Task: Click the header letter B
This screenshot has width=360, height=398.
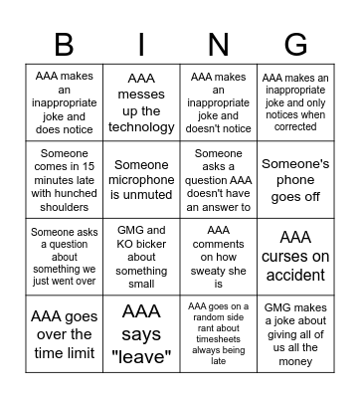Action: (63, 45)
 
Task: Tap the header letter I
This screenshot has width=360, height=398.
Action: (141, 45)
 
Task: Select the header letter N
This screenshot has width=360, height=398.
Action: (219, 45)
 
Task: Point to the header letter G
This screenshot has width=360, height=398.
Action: (295, 45)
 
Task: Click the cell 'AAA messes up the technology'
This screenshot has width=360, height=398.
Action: (141, 102)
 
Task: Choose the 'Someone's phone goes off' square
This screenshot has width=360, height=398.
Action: (295, 179)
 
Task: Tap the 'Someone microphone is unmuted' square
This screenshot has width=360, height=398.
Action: (141, 179)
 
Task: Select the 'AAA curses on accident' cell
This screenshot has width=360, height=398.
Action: (295, 256)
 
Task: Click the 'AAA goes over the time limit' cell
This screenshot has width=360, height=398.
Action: (64, 333)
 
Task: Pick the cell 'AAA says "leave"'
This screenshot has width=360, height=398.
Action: (141, 333)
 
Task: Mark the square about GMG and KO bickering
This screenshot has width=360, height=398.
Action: (141, 256)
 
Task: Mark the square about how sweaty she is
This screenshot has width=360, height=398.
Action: (219, 256)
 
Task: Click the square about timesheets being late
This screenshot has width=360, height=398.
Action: (219, 333)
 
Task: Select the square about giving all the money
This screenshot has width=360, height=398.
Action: (295, 333)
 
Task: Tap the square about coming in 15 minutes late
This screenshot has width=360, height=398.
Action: (64, 179)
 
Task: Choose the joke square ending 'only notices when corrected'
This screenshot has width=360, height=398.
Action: (295, 102)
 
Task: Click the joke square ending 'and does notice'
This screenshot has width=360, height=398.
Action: (64, 102)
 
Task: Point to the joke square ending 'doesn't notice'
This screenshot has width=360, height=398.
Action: (219, 102)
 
